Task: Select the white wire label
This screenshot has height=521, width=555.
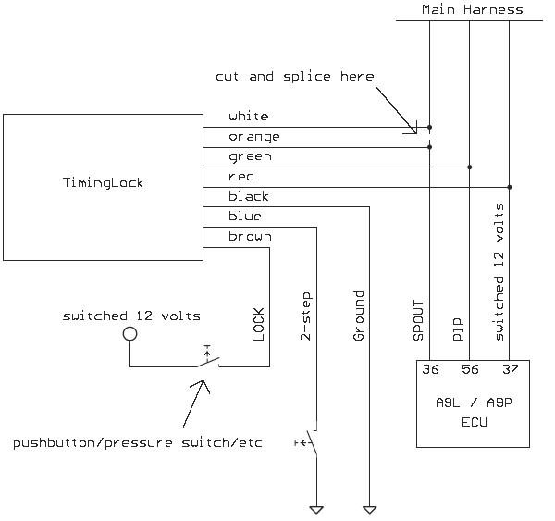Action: coord(248,117)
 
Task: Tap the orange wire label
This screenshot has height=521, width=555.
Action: coord(254,137)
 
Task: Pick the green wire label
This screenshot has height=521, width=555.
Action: coord(250,157)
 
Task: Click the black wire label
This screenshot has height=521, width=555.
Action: coord(250,196)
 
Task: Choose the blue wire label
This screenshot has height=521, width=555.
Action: coord(245,217)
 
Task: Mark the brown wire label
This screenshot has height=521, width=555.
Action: coord(250,236)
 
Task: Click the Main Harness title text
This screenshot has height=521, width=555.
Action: coord(472,9)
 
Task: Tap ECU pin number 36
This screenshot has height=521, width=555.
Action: coord(430,370)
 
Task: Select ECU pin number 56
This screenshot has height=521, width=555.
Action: coord(470,370)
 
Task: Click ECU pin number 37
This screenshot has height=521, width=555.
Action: coord(510,370)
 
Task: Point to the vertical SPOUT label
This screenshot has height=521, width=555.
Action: coord(418,321)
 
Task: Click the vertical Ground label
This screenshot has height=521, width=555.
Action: coord(359,316)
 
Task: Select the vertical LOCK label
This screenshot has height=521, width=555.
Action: coord(259,324)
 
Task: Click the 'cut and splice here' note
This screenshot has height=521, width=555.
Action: coord(294,76)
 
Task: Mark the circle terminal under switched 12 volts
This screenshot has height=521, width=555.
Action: coord(130,334)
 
